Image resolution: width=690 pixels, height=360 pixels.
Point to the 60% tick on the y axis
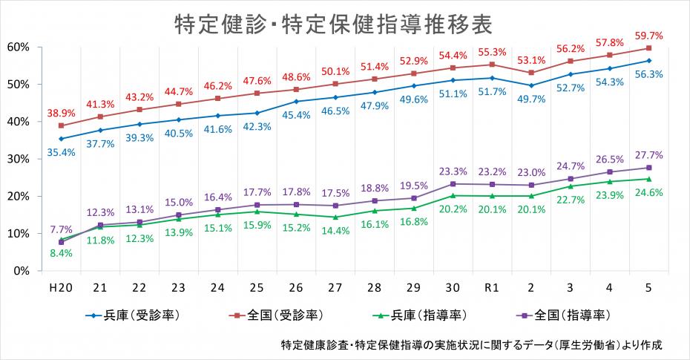click(x=17, y=47)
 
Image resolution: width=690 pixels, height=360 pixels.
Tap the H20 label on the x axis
click(x=61, y=287)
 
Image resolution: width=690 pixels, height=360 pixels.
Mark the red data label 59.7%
click(x=648, y=35)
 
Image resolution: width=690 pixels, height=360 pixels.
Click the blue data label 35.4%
click(x=61, y=152)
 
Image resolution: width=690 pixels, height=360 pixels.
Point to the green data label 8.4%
click(x=61, y=253)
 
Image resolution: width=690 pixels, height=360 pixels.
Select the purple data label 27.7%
click(x=648, y=155)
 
